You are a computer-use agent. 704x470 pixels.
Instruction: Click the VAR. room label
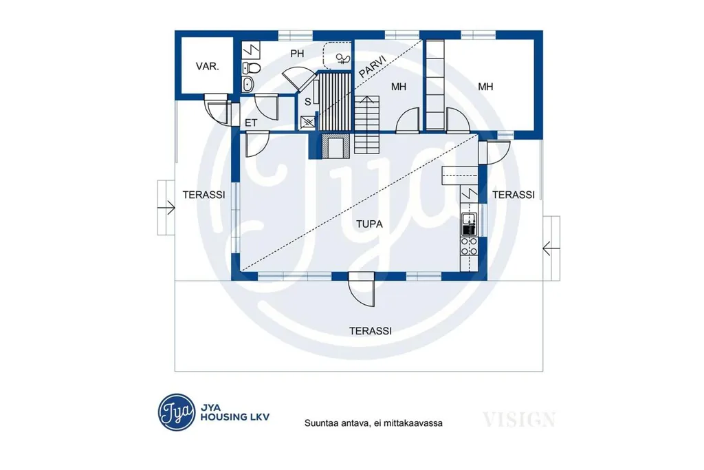[208, 67]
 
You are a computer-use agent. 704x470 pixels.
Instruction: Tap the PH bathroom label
[297, 54]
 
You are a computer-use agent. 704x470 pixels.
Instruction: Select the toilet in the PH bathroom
[252, 68]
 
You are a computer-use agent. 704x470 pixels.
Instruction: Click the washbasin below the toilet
[247, 83]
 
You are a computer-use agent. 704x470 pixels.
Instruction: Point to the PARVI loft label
[373, 67]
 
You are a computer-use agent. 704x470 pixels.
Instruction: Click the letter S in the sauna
[307, 102]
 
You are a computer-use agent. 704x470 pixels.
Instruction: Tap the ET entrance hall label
[251, 122]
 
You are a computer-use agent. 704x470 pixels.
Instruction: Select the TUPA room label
[369, 224]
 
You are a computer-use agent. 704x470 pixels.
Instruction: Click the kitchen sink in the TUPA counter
[469, 224]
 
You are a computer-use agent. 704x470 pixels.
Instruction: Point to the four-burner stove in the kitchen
[469, 246]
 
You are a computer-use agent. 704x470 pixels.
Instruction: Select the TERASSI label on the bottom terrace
[371, 331]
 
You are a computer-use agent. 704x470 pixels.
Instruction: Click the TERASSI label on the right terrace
[514, 195]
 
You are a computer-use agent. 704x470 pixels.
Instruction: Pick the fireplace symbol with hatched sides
[335, 147]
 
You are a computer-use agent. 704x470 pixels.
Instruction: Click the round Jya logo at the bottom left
[177, 412]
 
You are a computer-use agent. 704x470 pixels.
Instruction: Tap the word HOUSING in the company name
[223, 417]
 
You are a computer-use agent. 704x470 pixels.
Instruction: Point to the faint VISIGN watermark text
[519, 420]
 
